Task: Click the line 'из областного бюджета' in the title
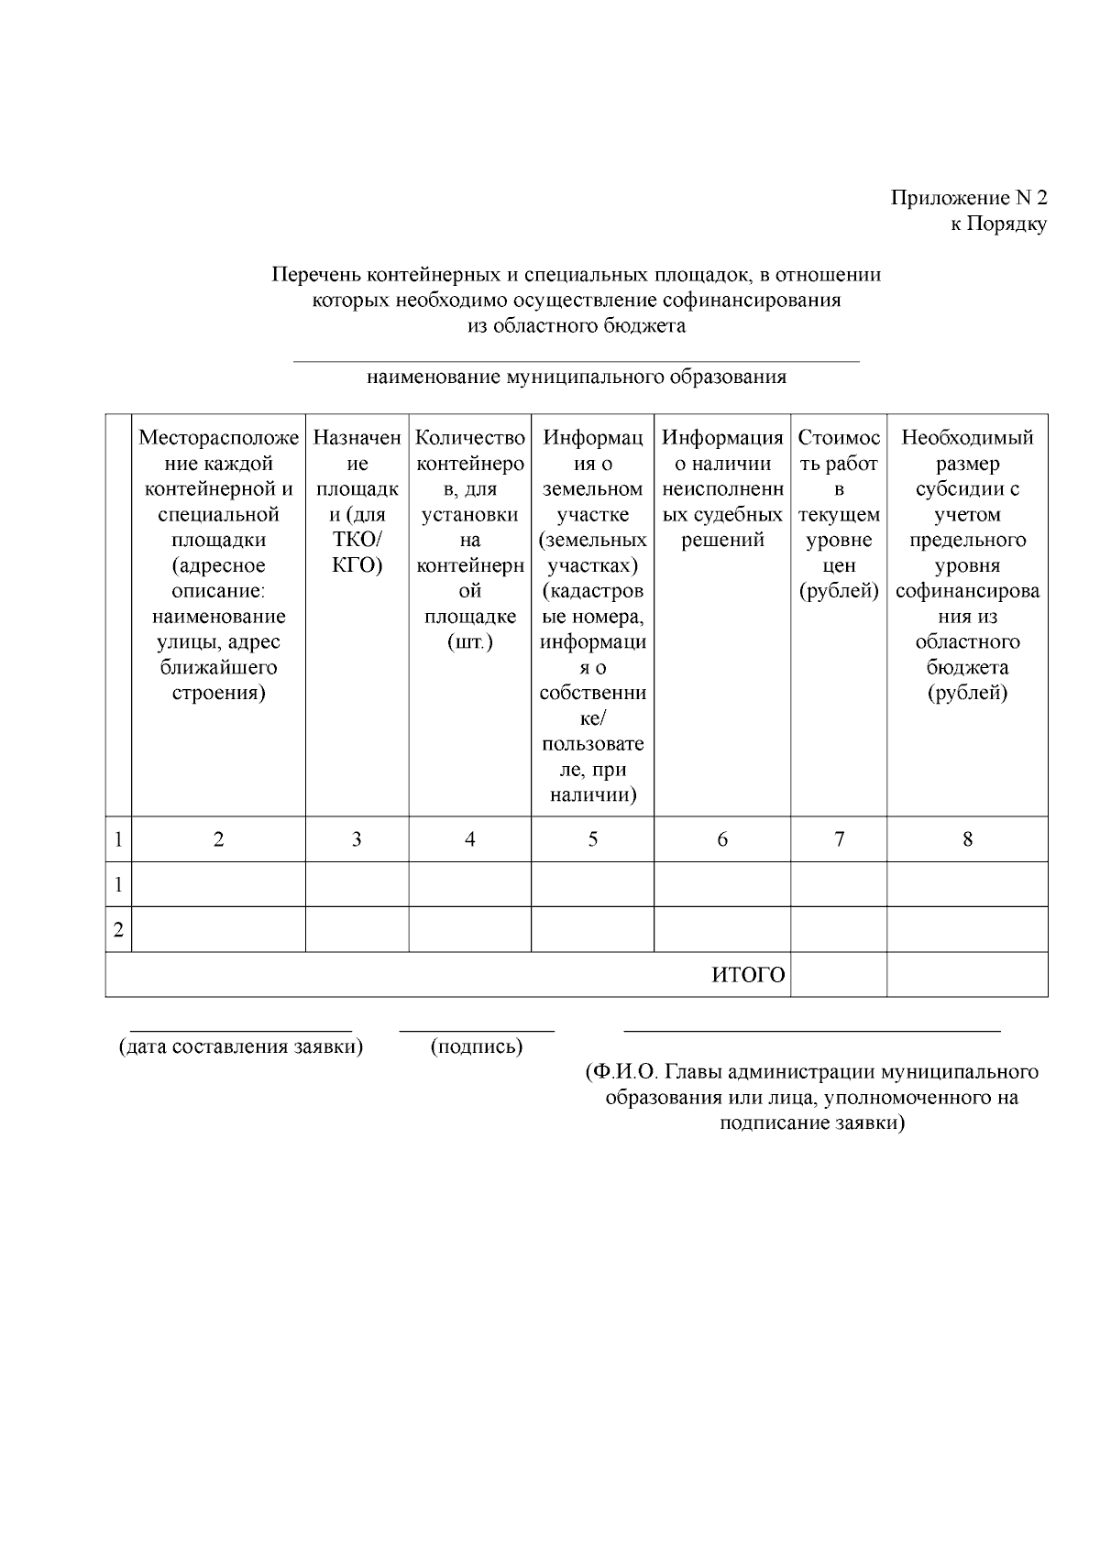(576, 325)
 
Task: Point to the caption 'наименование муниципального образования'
(576, 377)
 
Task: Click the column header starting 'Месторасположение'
(218, 564)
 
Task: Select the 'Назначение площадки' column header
(357, 501)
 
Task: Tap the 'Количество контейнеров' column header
(469, 540)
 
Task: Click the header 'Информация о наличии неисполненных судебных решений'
(722, 488)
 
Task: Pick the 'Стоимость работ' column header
(839, 514)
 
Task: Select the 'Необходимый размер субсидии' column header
(967, 564)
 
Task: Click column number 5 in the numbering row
(593, 839)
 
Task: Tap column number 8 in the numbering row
(967, 839)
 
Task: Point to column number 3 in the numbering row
(357, 839)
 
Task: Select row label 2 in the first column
(118, 930)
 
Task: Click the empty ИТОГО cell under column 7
(839, 975)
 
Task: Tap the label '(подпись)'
(477, 1046)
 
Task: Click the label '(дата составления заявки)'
(241, 1046)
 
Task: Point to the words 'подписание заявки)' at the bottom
(811, 1123)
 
